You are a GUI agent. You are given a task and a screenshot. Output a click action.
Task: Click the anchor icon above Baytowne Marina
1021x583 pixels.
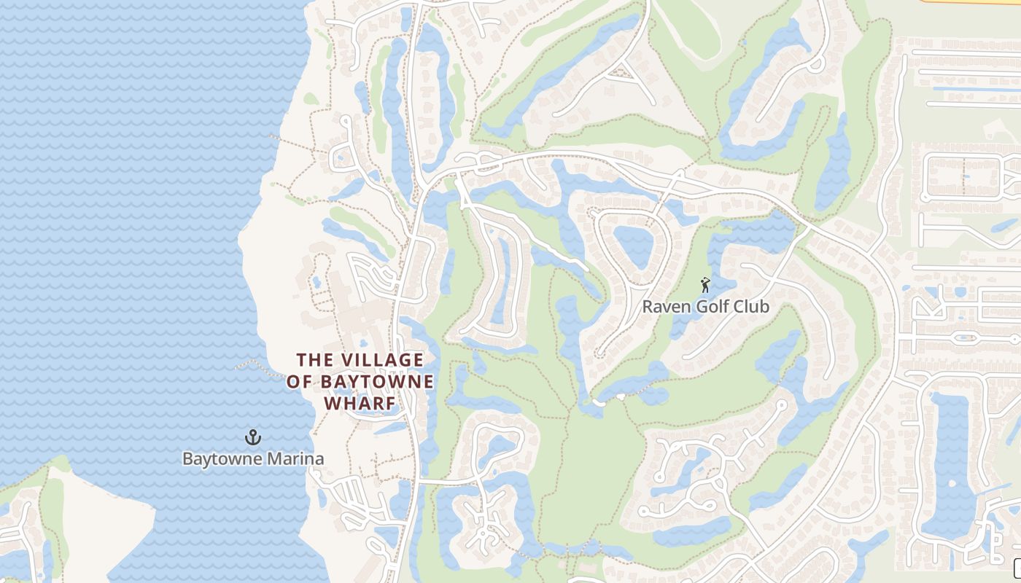(x=252, y=437)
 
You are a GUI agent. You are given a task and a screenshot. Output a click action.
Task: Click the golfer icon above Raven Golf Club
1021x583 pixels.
(x=704, y=285)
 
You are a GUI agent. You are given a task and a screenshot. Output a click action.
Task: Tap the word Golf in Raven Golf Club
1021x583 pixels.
(x=713, y=307)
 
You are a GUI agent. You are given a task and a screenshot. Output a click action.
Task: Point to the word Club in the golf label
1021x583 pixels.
(x=751, y=307)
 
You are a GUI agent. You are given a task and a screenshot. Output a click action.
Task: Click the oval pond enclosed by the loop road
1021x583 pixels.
(x=632, y=246)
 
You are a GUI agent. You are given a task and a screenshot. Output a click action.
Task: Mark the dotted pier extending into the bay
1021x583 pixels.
(x=255, y=363)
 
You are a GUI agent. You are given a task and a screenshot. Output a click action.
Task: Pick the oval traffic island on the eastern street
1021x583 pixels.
(x=964, y=338)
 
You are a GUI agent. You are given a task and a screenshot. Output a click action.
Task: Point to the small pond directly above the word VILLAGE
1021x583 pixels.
(x=362, y=343)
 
